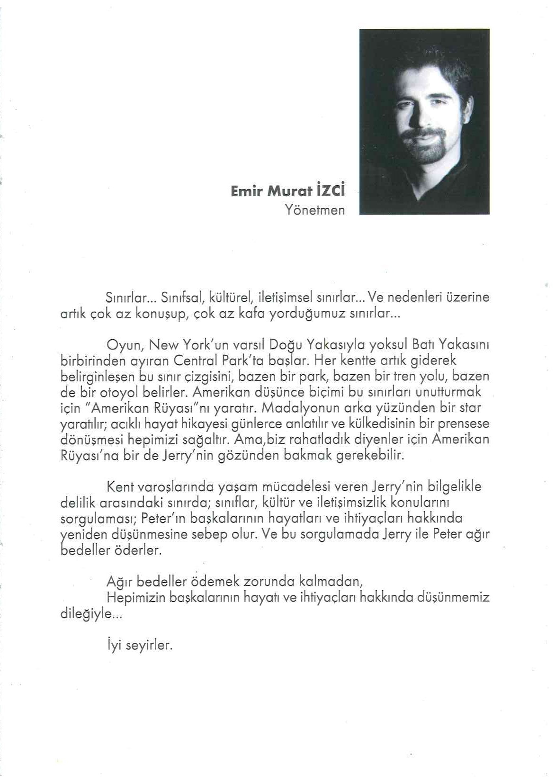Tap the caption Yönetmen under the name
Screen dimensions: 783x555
(x=315, y=210)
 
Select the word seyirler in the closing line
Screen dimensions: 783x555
(x=148, y=645)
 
